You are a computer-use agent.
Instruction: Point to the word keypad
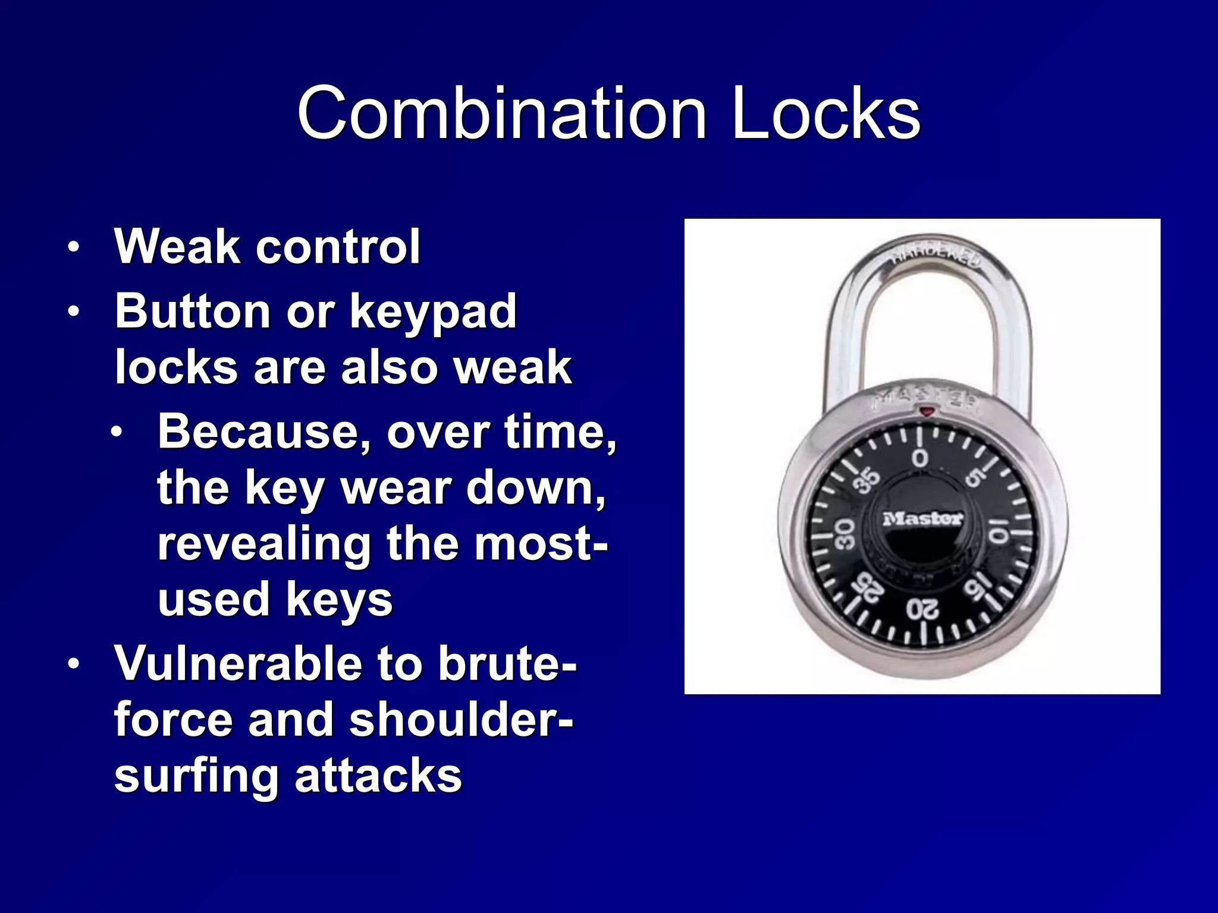[x=434, y=312]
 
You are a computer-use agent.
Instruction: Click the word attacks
[x=378, y=775]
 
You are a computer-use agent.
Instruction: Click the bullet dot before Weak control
[x=73, y=247]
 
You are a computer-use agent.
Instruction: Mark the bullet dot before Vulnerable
[x=73, y=664]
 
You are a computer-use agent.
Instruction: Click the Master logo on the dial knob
[x=922, y=518]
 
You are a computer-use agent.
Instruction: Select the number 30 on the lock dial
[x=845, y=533]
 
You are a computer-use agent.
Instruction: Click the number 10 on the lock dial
[x=998, y=529]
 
